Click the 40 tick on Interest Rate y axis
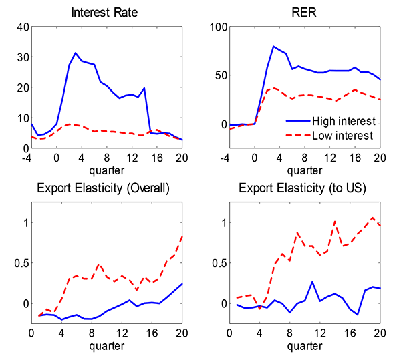point(21,27)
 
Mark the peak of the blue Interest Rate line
point(76,53)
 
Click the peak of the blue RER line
point(273,47)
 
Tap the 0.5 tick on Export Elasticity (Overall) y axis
point(19,262)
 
